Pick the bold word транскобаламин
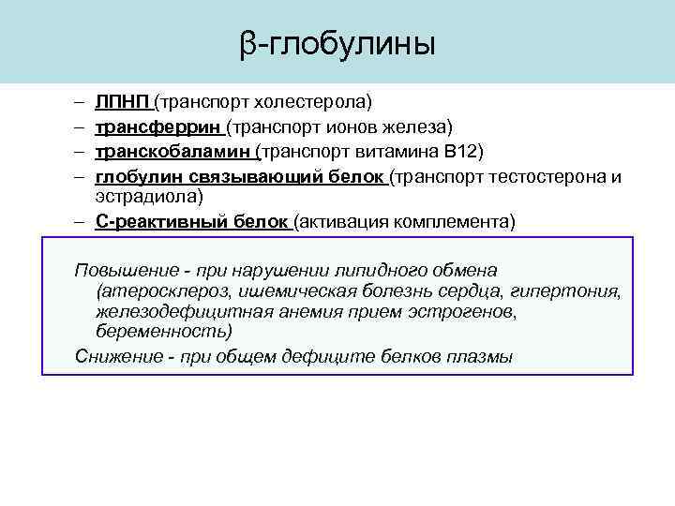(172, 151)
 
